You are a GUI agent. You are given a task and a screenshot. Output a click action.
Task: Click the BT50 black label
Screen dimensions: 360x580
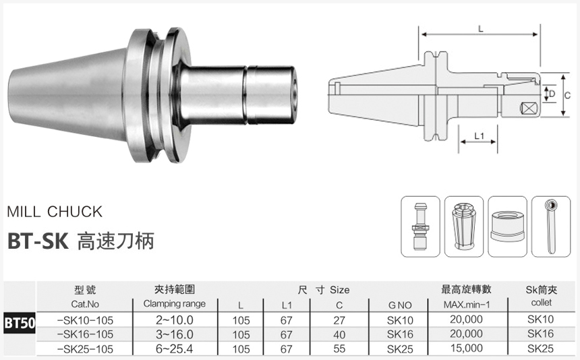20,322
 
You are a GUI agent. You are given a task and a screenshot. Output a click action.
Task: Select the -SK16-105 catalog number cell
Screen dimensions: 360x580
86,334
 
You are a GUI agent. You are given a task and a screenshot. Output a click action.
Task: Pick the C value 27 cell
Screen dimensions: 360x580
339,321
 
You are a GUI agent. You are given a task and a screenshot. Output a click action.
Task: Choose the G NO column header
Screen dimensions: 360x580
400,305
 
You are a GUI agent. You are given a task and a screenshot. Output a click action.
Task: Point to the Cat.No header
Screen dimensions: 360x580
86,304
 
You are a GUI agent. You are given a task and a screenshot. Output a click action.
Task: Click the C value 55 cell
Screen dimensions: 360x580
339,348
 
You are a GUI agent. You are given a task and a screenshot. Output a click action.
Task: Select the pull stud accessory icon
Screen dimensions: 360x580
420,226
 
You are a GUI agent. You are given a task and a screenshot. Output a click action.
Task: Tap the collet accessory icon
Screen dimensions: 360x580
464,226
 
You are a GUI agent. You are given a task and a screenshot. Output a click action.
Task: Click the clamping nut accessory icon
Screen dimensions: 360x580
508,226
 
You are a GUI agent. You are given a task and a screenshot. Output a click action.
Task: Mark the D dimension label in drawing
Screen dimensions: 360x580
551,94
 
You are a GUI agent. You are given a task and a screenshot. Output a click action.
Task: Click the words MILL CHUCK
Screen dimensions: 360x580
54,212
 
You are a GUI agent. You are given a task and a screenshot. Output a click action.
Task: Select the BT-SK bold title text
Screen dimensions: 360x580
38,241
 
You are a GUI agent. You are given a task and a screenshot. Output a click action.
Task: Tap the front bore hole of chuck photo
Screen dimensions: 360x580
295,93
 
